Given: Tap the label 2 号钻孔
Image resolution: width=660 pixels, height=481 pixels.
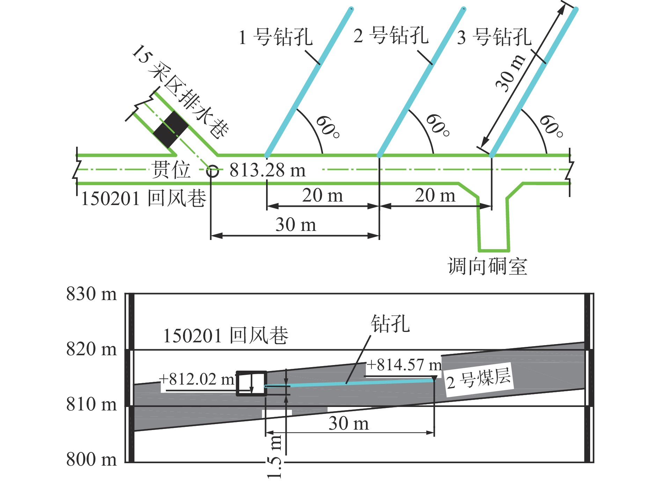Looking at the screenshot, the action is tap(391, 36).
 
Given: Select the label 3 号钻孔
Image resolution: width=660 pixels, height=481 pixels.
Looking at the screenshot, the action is tap(494, 37).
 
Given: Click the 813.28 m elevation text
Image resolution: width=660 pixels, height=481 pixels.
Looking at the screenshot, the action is tap(267, 170).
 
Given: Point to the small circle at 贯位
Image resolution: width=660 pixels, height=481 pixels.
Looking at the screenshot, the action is tap(212, 171).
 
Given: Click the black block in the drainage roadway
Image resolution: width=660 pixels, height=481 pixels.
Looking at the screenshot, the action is tap(171, 130).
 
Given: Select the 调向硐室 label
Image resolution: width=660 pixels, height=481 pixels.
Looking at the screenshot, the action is tap(487, 266).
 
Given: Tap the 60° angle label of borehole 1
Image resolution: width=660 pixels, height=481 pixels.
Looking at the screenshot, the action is tap(328, 127).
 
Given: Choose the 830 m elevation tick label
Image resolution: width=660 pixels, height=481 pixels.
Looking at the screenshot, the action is tap(91, 294).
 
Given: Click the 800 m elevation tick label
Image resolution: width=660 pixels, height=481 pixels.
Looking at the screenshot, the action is tap(91, 459).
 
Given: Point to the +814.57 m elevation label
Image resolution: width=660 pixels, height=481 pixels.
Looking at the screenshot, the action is tap(404, 365).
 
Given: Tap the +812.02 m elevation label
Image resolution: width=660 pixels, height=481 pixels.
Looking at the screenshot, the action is tap(197, 379).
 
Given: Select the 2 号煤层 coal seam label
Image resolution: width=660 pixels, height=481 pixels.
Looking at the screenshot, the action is tap(479, 379).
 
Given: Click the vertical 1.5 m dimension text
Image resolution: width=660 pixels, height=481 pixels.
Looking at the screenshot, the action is tap(274, 456).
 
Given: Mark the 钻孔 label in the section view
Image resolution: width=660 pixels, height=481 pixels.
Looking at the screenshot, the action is tap(390, 324).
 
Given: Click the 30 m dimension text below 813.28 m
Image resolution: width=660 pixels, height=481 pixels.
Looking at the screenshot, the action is tap(296, 224).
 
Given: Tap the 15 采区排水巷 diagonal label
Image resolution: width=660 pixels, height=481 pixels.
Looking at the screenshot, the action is tap(180, 92).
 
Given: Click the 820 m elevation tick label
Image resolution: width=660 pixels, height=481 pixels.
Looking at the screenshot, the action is tap(91, 349).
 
